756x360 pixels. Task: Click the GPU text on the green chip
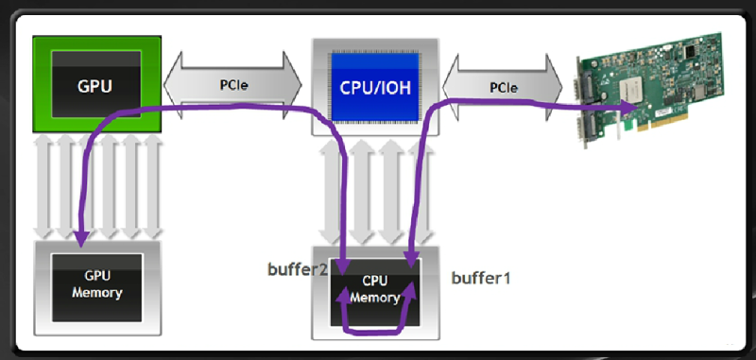tap(95, 85)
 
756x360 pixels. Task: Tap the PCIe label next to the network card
tap(502, 87)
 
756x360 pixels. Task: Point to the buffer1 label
tap(478, 278)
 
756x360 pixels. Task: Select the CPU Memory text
tap(375, 290)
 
